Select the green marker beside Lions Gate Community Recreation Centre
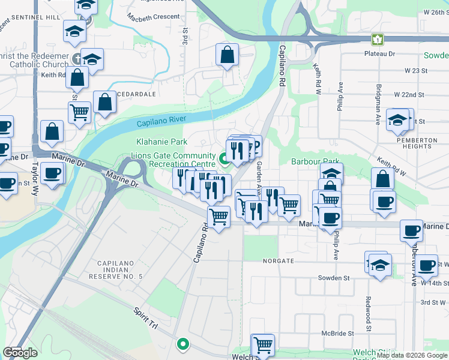225,159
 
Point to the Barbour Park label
316,161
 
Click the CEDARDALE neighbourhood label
137,94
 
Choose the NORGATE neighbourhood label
279,262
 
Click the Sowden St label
334,278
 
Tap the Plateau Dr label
379,54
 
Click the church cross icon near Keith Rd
76,59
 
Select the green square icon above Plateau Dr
377,40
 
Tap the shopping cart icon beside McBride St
263,345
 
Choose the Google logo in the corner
20,353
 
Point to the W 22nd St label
409,95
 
